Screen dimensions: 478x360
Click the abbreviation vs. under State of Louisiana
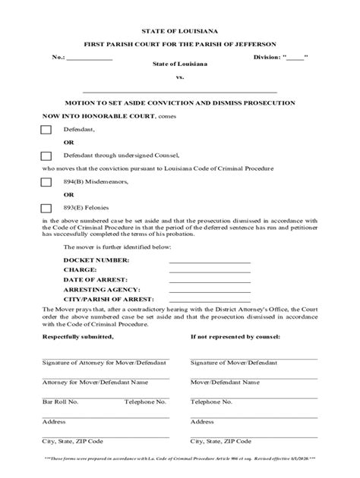[x=180, y=77]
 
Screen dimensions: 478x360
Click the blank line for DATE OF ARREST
[x=210, y=280]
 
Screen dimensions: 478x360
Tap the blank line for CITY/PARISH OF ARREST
[x=210, y=300]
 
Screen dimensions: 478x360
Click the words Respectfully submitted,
[x=78, y=336]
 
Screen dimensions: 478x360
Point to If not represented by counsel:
[x=235, y=336]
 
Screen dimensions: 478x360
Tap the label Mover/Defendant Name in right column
[x=226, y=382]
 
